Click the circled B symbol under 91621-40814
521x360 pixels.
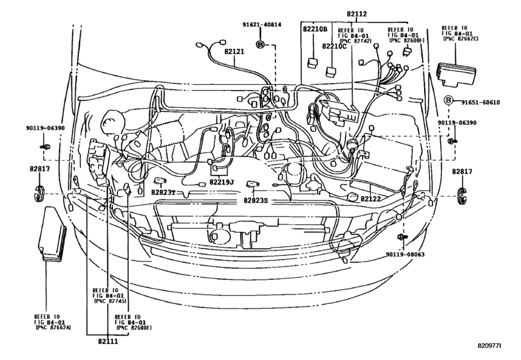pos(261,44)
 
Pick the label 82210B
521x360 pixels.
pos(314,30)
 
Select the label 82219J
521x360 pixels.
pos(221,183)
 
